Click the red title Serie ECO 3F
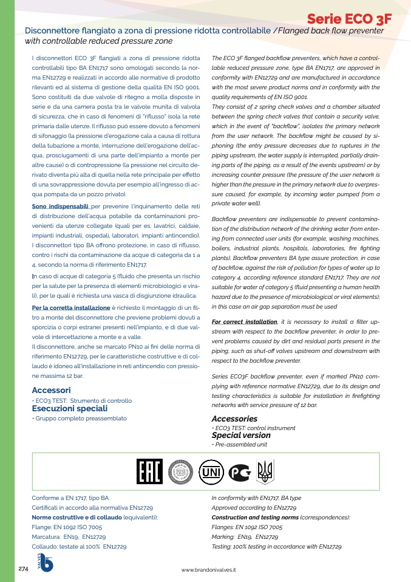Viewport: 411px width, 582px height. click(x=348, y=19)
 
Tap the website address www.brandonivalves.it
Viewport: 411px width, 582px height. click(x=208, y=570)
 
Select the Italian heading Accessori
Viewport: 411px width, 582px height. click(x=52, y=390)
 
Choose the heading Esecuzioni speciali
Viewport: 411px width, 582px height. click(x=61, y=409)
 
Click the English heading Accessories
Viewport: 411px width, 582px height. click(x=234, y=419)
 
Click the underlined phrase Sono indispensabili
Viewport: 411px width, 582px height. click(x=60, y=207)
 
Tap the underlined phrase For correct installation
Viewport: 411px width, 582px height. click(x=245, y=321)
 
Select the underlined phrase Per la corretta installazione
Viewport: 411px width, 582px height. click(x=70, y=308)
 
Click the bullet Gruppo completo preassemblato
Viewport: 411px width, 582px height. click(x=80, y=419)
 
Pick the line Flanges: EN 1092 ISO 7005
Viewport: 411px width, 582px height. click(x=246, y=527)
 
